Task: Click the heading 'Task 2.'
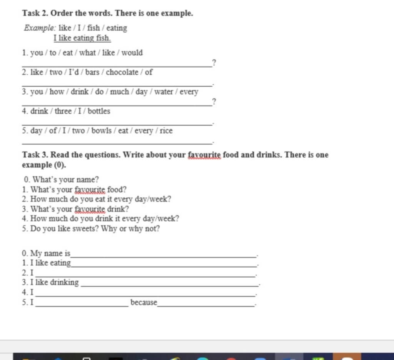click(35, 13)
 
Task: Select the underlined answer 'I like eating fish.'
click(82, 38)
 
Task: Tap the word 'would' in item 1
click(132, 53)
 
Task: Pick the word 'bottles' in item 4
click(99, 111)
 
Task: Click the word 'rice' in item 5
click(166, 131)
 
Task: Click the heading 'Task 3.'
click(35, 155)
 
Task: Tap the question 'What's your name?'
click(65, 179)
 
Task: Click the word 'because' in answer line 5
click(144, 302)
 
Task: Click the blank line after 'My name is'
click(164, 255)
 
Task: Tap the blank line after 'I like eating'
click(164, 265)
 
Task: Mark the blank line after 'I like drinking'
click(169, 285)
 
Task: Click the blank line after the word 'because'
click(206, 305)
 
